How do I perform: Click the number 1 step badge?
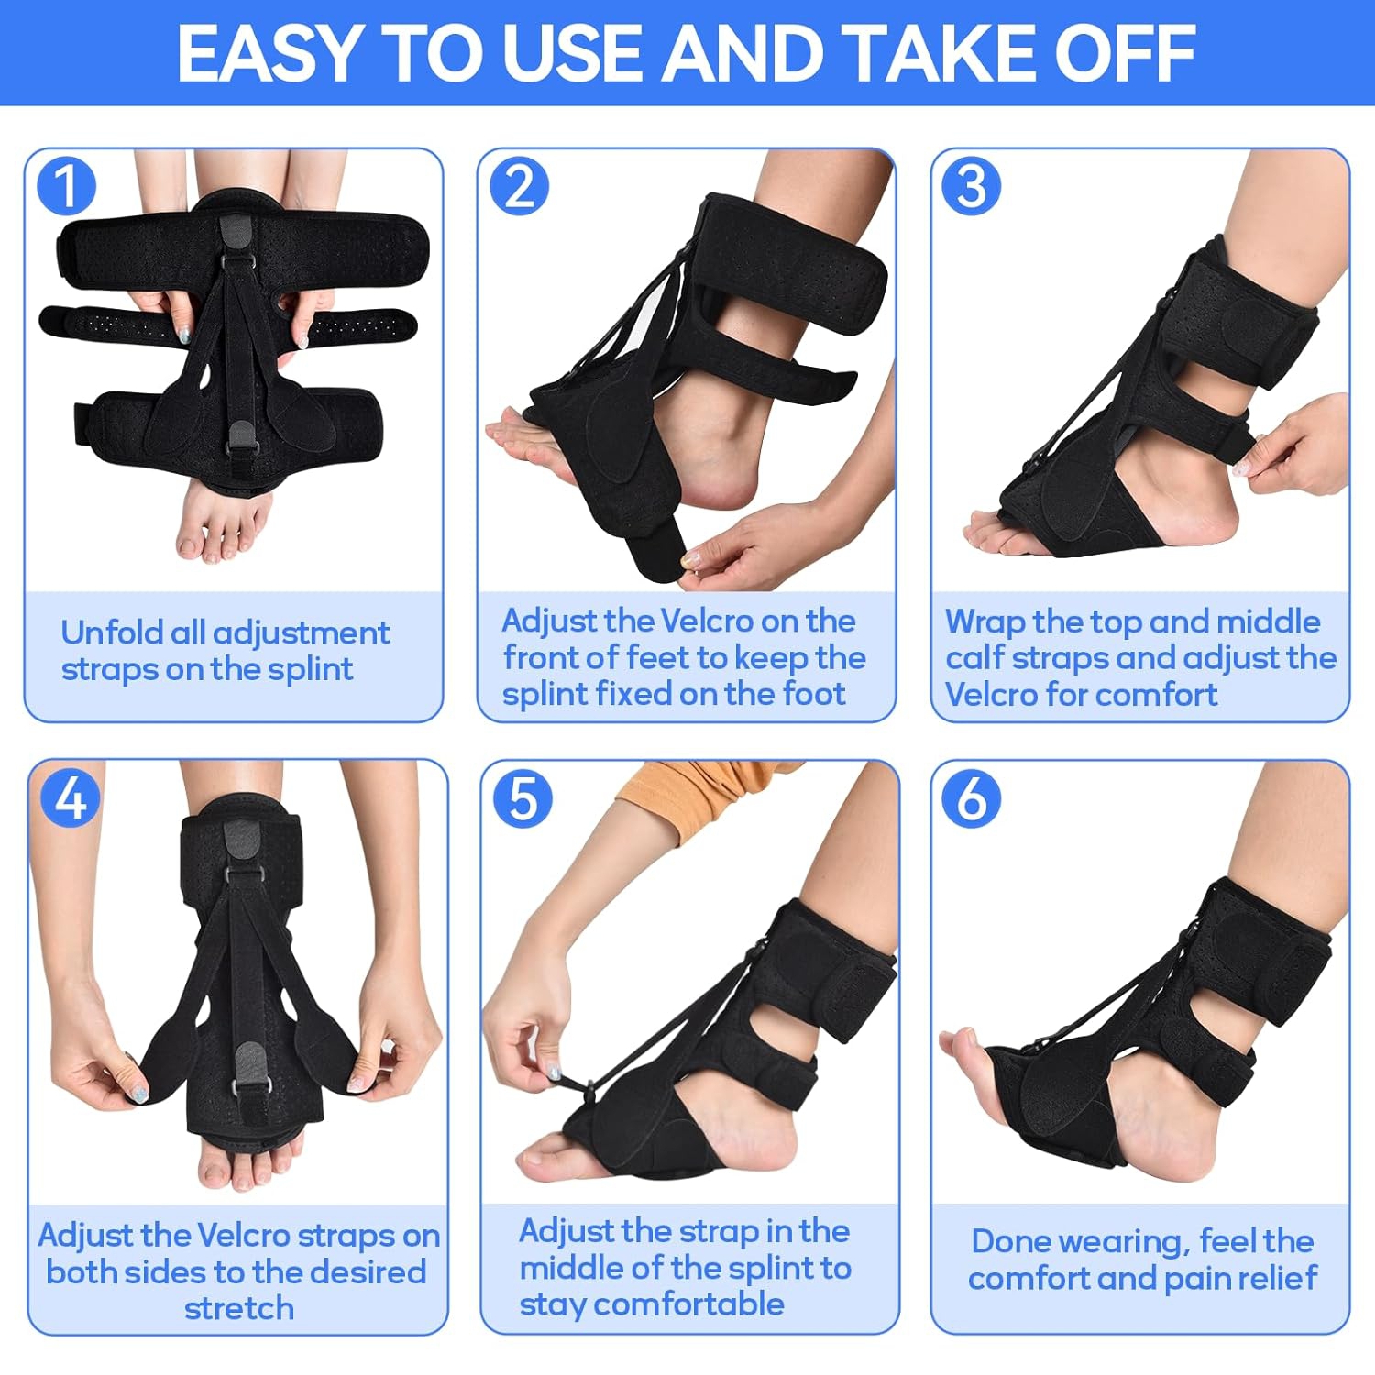point(66,186)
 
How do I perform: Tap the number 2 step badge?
point(519,186)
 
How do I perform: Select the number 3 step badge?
point(972,186)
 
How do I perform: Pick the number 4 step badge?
point(71,797)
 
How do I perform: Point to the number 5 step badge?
point(522,797)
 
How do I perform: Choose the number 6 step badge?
point(972,797)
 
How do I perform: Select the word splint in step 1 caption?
point(310,670)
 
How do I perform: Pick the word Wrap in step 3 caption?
point(984,621)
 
